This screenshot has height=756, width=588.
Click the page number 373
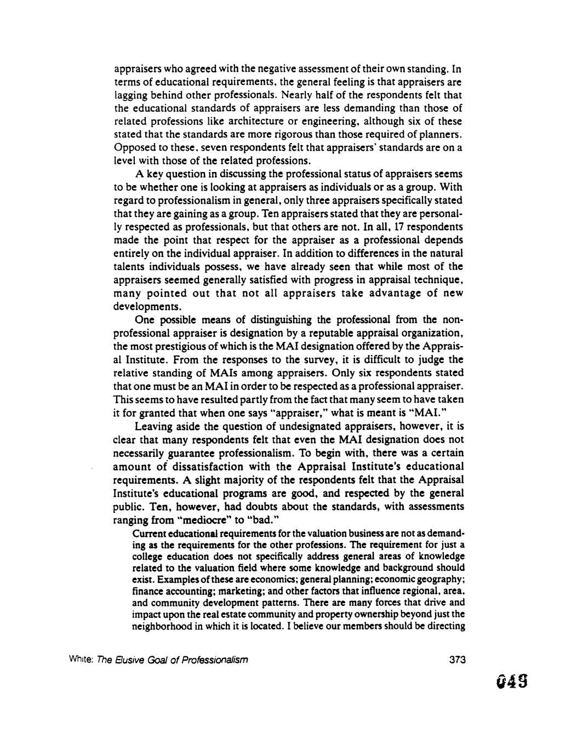coord(456,660)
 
